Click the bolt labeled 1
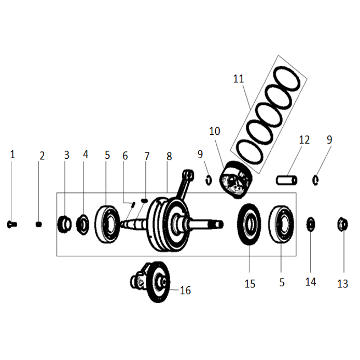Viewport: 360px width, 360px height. (x=12, y=224)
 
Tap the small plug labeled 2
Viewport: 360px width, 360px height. (x=39, y=224)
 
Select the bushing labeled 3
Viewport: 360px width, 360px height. (x=64, y=224)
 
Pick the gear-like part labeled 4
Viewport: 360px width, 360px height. (x=82, y=224)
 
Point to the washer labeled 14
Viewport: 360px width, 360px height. (x=311, y=224)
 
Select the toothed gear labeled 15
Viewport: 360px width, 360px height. (x=249, y=224)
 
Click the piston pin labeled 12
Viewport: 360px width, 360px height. (x=286, y=180)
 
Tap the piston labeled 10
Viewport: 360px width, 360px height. (x=236, y=179)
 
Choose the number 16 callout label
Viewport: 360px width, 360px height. (x=185, y=290)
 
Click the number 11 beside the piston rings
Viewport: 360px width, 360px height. (x=238, y=79)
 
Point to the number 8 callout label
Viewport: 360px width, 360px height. (x=169, y=157)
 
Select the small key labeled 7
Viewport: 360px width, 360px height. (x=144, y=201)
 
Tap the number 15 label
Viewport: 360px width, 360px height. (x=250, y=284)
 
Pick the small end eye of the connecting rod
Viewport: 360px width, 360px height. (x=189, y=174)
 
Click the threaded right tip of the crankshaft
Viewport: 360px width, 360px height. (x=220, y=224)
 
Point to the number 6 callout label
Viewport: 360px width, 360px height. (x=125, y=156)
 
